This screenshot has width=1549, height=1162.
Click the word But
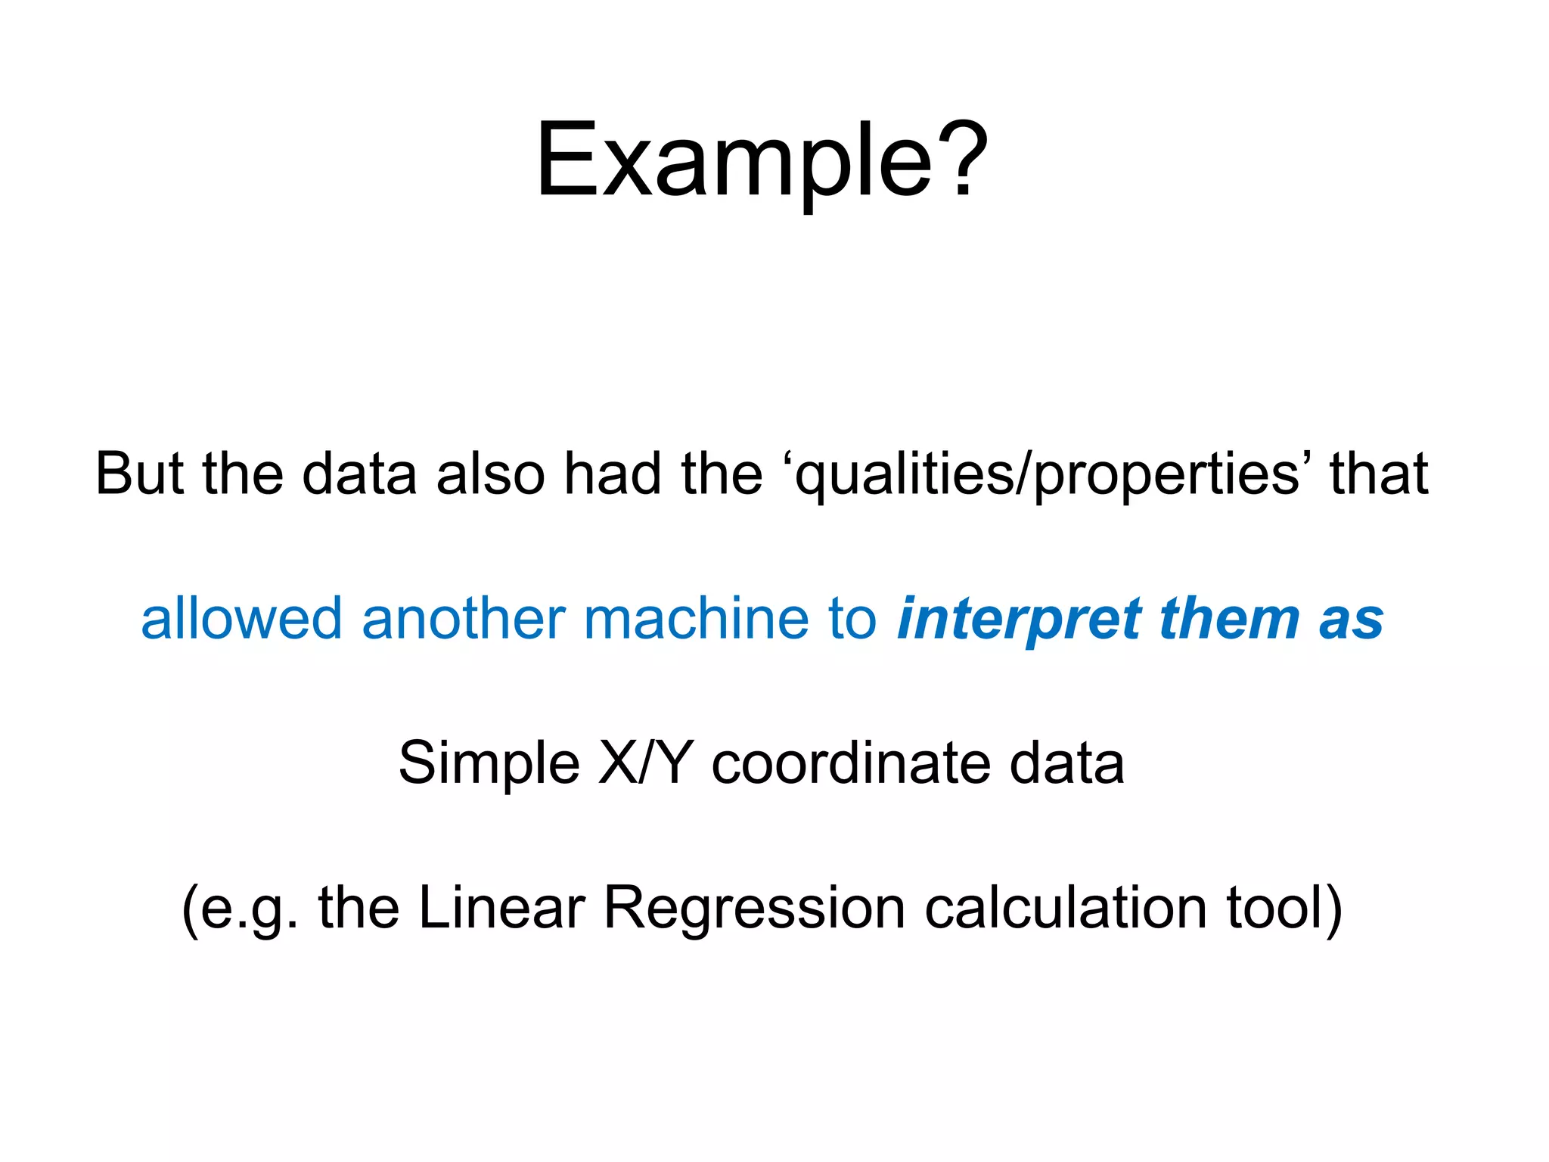139,474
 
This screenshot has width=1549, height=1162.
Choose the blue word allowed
241,618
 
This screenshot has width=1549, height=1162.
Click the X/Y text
645,763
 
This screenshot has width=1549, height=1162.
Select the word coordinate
851,763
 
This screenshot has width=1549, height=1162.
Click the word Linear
501,907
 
